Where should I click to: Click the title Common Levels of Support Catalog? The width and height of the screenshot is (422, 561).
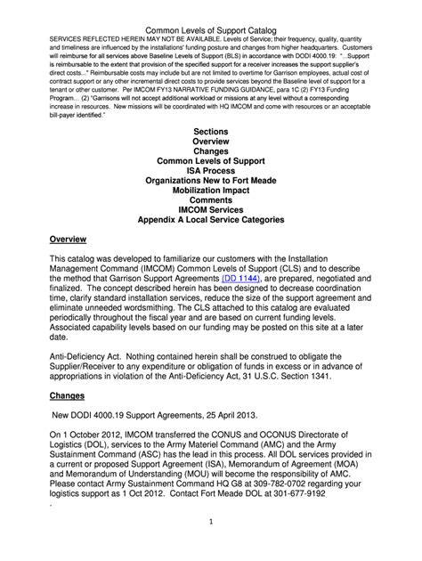pos(210,7)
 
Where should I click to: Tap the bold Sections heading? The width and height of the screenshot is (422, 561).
pos(210,131)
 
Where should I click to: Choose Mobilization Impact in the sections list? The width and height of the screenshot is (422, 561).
pos(210,193)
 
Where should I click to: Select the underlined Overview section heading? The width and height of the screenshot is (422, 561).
pos(68,241)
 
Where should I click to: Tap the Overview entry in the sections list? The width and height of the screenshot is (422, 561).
pos(210,143)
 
